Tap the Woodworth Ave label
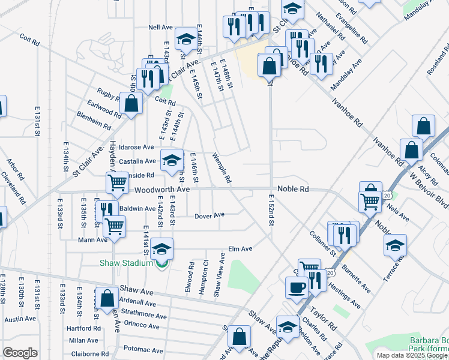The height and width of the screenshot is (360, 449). [162, 189]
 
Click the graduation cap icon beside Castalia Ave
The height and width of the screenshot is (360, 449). [171, 160]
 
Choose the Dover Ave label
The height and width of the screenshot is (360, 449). [209, 215]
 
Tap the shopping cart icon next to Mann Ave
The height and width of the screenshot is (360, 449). [114, 227]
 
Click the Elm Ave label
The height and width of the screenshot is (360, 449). [240, 248]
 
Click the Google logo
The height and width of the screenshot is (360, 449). [20, 353]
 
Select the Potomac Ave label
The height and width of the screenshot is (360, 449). [143, 349]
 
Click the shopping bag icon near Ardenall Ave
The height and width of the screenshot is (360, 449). [107, 299]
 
